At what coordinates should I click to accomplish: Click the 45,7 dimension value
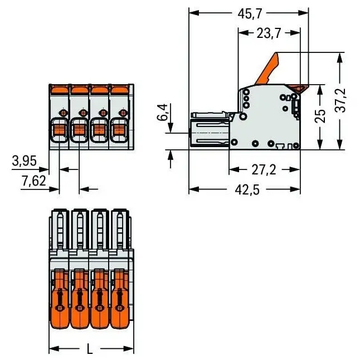(x=249, y=14)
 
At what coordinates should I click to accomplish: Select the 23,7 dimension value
(x=269, y=33)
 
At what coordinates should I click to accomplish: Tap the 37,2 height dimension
(x=340, y=100)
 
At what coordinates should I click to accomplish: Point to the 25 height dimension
(x=320, y=116)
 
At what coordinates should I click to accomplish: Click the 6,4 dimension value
(x=162, y=112)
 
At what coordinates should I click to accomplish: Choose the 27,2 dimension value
(x=264, y=170)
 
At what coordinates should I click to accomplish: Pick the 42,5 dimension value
(x=247, y=190)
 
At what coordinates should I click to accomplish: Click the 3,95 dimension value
(x=24, y=160)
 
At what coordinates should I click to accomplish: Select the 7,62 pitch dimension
(x=34, y=181)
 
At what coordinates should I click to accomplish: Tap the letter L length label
(x=90, y=348)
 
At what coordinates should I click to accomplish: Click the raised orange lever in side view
(x=267, y=69)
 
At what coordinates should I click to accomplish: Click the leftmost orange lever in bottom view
(x=60, y=299)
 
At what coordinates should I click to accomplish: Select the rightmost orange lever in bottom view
(x=119, y=299)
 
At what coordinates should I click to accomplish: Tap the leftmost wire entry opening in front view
(x=59, y=130)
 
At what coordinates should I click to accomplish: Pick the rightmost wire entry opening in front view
(x=119, y=130)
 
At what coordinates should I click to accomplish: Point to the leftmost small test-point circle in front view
(x=62, y=113)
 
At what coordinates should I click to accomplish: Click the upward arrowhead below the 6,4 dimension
(x=171, y=154)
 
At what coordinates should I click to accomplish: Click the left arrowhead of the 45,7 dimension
(x=193, y=13)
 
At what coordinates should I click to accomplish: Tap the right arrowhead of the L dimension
(x=129, y=348)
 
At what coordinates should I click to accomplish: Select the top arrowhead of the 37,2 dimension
(x=340, y=57)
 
